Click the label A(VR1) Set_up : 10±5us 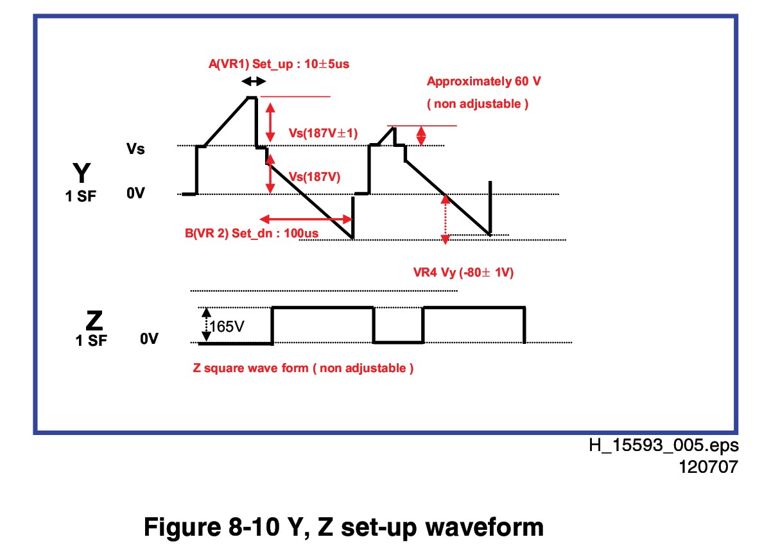pos(279,64)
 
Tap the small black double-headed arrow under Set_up pos(254,81)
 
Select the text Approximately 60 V pos(484,81)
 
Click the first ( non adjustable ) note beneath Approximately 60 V pos(478,103)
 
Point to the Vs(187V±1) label pos(323,133)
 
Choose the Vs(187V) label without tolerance pos(315,177)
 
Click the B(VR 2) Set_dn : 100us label pos(252,234)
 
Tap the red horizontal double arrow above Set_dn pos(306,219)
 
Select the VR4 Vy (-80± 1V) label pos(463,273)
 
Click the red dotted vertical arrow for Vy pos(446,219)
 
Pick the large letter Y pos(82,173)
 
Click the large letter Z pos(94,321)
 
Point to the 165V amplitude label pos(227,327)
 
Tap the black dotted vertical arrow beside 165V pos(206,325)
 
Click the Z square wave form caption pos(303,368)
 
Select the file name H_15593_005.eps pos(664,445)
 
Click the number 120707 pos(709,467)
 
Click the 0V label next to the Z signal pos(149,339)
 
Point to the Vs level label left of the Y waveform pos(135,149)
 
